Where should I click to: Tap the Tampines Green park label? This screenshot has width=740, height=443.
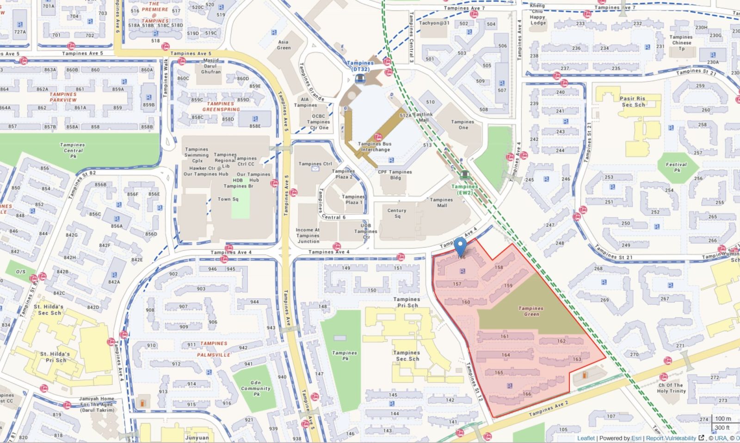click(531, 311)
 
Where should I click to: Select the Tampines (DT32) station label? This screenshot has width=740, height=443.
click(360, 66)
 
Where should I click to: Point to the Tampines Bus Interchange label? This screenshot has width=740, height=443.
click(375, 147)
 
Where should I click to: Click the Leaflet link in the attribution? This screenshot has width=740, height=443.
click(586, 438)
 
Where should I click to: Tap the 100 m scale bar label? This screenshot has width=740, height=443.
click(723, 418)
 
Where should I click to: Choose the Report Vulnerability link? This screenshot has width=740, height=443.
click(671, 438)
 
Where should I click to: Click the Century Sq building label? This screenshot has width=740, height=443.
click(397, 213)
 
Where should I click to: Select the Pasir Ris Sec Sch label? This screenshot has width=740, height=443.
click(633, 102)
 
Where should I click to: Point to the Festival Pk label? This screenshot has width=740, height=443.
click(676, 167)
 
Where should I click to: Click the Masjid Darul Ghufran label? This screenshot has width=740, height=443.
click(211, 66)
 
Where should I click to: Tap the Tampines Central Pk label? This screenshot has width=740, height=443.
click(73, 150)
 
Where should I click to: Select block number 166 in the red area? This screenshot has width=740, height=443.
click(527, 394)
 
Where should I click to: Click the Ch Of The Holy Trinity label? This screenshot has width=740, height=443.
click(671, 388)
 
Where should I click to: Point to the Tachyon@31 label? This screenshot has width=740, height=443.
click(434, 23)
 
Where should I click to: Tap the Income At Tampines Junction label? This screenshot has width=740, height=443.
click(308, 235)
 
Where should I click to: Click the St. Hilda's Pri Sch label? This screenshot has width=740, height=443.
click(55, 357)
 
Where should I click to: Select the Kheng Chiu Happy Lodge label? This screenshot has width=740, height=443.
click(538, 14)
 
